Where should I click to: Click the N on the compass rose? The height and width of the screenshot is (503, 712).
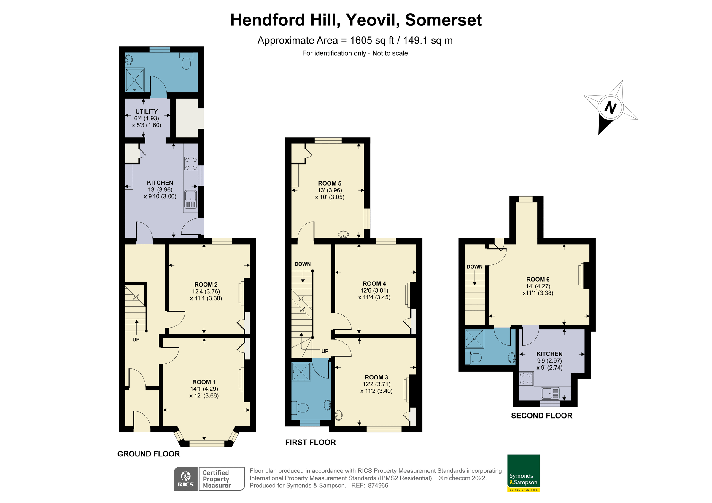point(610,108)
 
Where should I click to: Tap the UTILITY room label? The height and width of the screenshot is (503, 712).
point(146,111)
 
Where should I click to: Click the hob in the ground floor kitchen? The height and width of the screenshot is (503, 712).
point(191,163)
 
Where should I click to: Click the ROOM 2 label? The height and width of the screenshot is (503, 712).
point(206,285)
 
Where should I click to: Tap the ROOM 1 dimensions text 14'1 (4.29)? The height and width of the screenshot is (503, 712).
point(204,389)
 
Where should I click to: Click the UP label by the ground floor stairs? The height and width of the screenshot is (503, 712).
point(136,340)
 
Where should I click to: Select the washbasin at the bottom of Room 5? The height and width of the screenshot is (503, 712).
point(343,234)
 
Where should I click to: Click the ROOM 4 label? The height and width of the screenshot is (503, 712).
point(374,284)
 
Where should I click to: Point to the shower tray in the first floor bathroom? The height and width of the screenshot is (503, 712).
point(301,371)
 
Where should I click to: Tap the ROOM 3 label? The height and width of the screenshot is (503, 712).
point(376,377)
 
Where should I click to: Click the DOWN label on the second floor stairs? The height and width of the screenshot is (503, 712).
point(474,266)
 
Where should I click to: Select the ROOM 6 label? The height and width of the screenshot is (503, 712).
point(538,279)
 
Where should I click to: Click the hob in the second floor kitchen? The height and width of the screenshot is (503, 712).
point(526,379)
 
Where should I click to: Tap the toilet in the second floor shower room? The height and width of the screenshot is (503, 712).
point(473,358)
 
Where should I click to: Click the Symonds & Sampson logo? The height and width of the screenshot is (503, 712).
point(523,473)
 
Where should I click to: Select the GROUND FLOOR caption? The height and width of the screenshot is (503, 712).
point(149,454)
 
